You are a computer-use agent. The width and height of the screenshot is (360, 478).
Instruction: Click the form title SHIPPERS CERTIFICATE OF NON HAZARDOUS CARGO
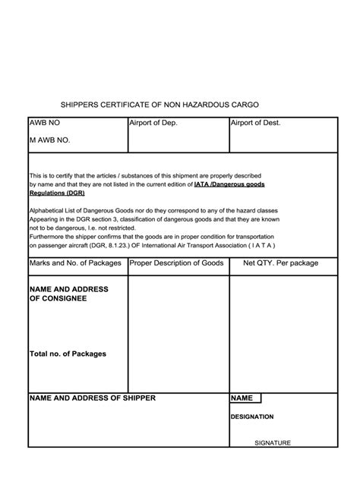164,104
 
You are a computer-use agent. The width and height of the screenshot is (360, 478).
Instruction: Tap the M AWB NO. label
50,140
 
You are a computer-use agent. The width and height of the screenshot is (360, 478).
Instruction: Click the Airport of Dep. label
153,123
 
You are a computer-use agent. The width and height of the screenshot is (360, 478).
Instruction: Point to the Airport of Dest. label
255,123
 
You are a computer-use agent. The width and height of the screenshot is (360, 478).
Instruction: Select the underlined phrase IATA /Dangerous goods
229,184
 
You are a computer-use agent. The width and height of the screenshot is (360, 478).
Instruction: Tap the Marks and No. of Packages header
75,263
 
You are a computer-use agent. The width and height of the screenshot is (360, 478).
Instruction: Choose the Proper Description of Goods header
176,263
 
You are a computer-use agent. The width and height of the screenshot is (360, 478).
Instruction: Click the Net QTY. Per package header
280,263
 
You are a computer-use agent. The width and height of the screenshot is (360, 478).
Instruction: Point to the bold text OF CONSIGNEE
58,298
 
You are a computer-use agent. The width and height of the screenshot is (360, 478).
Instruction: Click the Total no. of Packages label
67,354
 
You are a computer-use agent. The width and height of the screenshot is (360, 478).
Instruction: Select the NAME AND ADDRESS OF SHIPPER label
92,398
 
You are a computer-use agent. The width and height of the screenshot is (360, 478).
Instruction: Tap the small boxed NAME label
242,398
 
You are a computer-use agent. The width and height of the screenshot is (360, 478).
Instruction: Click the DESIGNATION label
252,417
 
